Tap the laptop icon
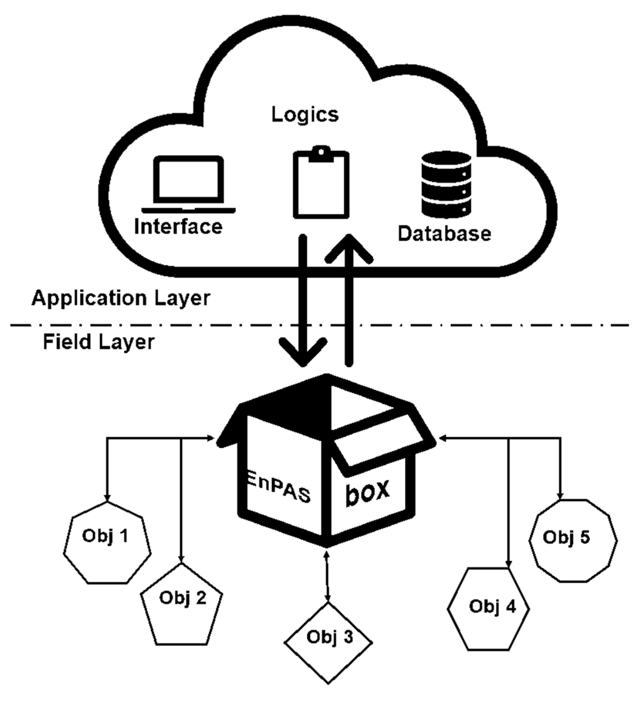(x=189, y=184)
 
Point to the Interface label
(x=178, y=227)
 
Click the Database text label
(x=445, y=233)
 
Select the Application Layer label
(x=121, y=298)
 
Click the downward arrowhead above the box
(x=303, y=351)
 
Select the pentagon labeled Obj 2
(x=182, y=604)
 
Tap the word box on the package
(x=367, y=492)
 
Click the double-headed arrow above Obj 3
(x=327, y=576)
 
